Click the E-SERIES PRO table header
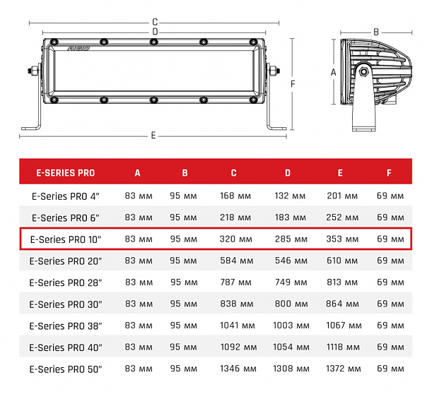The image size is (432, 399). (66, 172)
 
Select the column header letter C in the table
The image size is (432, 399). (233, 172)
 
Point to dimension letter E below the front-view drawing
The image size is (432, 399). (153, 135)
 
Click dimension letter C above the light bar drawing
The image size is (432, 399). (154, 22)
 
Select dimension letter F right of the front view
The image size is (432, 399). (292, 84)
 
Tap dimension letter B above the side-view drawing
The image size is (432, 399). (376, 31)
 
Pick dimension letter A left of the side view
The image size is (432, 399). (333, 72)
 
